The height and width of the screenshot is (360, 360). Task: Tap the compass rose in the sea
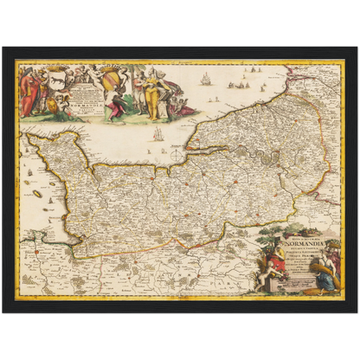pyautogui.click(x=177, y=153)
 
